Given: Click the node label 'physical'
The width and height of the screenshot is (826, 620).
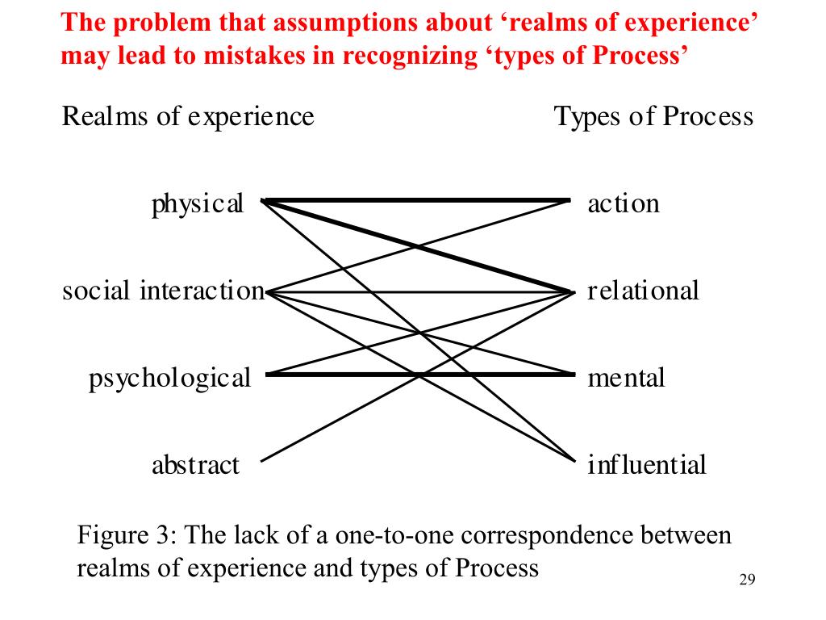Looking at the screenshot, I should pyautogui.click(x=197, y=204).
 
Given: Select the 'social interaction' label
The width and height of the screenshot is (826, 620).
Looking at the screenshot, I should pyautogui.click(x=163, y=291).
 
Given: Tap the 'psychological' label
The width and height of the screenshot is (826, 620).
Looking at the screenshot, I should pyautogui.click(x=169, y=378).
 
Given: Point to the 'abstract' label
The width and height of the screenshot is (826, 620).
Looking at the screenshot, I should pyautogui.click(x=195, y=465).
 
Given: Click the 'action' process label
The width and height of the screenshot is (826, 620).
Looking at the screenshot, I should pyautogui.click(x=623, y=203).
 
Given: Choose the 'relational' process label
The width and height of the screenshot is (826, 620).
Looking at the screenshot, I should pyautogui.click(x=642, y=291).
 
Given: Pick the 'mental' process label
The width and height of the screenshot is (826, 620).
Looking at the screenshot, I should pyautogui.click(x=626, y=378).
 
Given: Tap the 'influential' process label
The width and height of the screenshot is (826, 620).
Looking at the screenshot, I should pyautogui.click(x=646, y=465).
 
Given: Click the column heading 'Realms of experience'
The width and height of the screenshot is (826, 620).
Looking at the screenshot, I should pyautogui.click(x=187, y=117).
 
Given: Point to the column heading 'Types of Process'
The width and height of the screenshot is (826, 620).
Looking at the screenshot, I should pyautogui.click(x=653, y=117).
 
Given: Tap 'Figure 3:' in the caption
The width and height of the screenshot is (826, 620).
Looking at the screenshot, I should pyautogui.click(x=121, y=536).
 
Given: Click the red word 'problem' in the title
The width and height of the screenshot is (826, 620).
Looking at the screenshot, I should pyautogui.click(x=153, y=22).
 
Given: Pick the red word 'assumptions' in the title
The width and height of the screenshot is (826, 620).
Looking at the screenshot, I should pyautogui.click(x=333, y=22).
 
